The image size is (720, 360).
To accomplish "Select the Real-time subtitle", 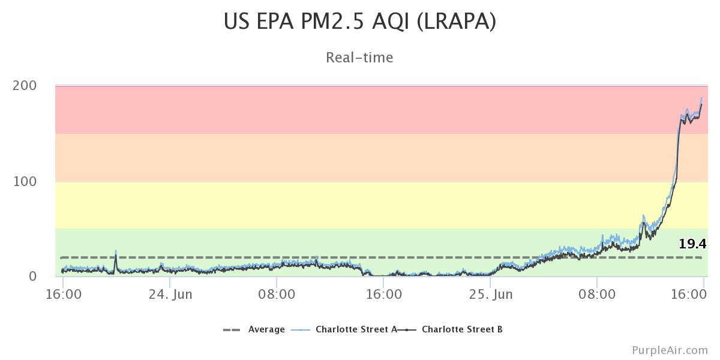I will pos(359,58).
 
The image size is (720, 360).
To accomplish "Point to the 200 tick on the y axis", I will pos(25,86).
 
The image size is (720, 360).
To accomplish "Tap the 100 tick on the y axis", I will pos(25,181).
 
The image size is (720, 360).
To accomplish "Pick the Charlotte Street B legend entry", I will pos(462,329).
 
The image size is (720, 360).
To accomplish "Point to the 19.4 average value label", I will pos(692,244).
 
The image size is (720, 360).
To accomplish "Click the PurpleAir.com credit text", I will pos(670,350).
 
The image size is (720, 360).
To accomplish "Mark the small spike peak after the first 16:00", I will pos(116,251).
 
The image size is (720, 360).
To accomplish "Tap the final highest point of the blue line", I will pos(701,98).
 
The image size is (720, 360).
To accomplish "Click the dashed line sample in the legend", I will pos(232,329).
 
